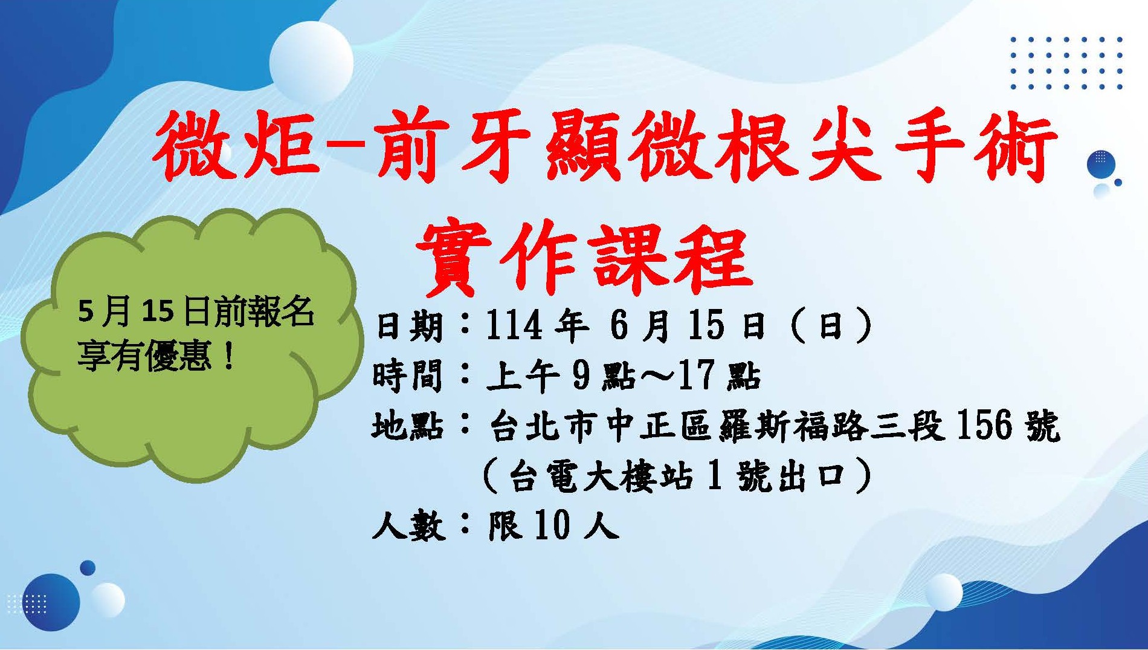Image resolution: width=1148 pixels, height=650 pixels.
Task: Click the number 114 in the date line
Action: [x=513, y=326]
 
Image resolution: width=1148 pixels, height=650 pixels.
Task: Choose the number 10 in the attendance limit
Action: [x=552, y=524]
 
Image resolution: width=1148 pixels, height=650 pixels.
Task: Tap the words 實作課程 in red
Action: [x=584, y=258]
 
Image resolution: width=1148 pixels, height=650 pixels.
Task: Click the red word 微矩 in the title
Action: [x=236, y=148]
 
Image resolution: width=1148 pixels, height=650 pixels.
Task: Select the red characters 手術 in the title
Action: [x=975, y=148]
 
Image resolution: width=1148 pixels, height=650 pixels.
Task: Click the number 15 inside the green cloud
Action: [x=159, y=312]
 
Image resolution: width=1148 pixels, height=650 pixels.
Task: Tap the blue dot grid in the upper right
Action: [x=1067, y=63]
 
